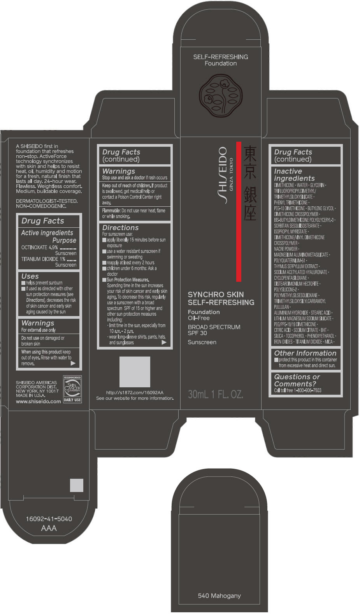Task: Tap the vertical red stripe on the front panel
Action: click(x=239, y=211)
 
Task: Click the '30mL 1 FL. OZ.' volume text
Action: click(x=216, y=394)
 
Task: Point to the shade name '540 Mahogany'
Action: click(x=219, y=596)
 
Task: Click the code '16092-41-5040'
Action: click(x=49, y=519)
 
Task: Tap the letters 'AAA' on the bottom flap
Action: click(x=49, y=528)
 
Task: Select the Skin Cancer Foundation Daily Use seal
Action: click(x=72, y=389)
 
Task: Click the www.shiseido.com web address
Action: click(x=38, y=401)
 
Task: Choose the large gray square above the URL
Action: click(x=135, y=373)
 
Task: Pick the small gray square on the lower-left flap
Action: click(x=77, y=485)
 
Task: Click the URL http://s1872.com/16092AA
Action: click(x=135, y=393)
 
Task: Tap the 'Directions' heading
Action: click(x=120, y=228)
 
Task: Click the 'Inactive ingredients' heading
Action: click(x=294, y=174)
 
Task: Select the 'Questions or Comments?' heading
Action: click(x=297, y=380)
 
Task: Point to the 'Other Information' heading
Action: click(x=305, y=353)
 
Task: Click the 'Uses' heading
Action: click(x=30, y=276)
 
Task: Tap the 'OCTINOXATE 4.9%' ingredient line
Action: click(x=40, y=247)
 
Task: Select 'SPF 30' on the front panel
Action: click(x=197, y=333)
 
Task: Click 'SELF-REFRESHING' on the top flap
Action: click(x=220, y=57)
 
